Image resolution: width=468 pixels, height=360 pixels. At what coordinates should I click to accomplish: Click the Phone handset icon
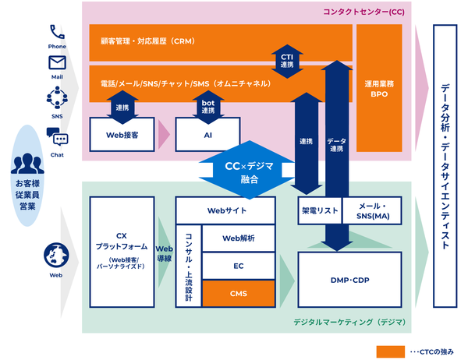tap(57, 32)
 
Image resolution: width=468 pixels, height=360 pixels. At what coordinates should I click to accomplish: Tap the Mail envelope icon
tap(57, 63)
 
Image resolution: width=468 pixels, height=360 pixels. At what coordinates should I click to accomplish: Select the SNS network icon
tap(57, 97)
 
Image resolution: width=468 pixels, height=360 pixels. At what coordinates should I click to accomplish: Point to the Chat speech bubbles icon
tap(57, 137)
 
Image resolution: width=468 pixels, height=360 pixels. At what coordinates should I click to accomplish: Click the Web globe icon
tap(56, 256)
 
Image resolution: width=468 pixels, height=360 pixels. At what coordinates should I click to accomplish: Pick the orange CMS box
tap(239, 294)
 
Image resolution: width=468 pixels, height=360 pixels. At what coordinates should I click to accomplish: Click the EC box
tap(239, 266)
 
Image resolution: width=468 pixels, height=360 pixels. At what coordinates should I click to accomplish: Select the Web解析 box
tap(239, 238)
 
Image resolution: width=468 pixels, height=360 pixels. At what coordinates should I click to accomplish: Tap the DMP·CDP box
tap(349, 280)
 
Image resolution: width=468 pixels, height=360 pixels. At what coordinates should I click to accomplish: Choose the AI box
tap(207, 135)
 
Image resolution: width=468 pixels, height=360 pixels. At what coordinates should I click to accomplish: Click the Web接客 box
tap(122, 135)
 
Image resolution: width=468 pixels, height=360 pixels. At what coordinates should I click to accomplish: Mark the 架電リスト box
tap(320, 210)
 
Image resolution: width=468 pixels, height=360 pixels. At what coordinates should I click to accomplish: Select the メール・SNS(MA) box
tap(372, 210)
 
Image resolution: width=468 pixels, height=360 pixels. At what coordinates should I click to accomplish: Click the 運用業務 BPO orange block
tap(379, 88)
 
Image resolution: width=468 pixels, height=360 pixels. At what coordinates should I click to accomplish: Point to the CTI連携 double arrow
tap(287, 61)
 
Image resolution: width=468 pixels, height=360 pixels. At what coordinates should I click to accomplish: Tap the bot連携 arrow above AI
tap(208, 107)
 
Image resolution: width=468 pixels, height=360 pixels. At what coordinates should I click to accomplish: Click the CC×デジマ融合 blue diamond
tap(250, 170)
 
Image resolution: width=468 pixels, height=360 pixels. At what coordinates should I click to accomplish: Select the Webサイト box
tap(225, 210)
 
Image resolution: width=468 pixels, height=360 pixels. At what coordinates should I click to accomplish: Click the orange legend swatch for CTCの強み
tap(391, 351)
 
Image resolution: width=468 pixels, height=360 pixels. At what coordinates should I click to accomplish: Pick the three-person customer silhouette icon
tap(27, 164)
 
